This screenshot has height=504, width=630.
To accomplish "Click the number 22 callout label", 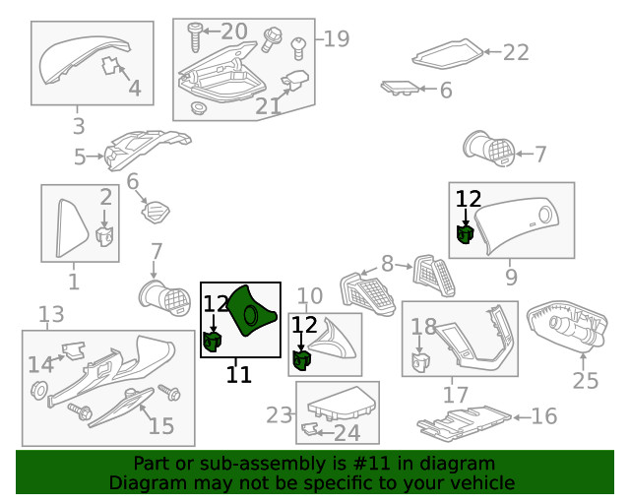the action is coord(516,52).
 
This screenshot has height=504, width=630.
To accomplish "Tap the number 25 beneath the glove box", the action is coord(586,380).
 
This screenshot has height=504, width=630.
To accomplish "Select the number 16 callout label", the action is coord(544,416).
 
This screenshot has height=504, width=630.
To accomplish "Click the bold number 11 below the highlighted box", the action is coord(239,375).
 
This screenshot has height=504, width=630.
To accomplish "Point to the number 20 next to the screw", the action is coord(234,31).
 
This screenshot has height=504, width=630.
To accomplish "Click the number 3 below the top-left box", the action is coord(79,126).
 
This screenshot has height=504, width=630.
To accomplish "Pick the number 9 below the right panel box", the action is coord(511,277).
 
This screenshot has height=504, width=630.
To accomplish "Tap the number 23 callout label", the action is coord(280,414).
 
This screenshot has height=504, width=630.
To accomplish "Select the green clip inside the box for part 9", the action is coord(466,234).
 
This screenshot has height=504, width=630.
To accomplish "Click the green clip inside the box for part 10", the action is coord(301,359).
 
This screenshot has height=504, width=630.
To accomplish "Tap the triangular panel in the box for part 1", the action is coord(71,228).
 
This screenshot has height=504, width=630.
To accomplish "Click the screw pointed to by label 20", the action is coord(195,37).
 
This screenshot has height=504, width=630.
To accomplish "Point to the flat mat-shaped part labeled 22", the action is coord(448,53).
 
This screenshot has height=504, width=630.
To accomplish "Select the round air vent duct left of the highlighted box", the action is coord(164,298).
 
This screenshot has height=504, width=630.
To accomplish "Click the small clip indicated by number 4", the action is coord(110,66).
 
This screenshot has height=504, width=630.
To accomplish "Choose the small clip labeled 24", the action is coord(309,429).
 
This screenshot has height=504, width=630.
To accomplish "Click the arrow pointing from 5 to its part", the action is coord(95,157).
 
